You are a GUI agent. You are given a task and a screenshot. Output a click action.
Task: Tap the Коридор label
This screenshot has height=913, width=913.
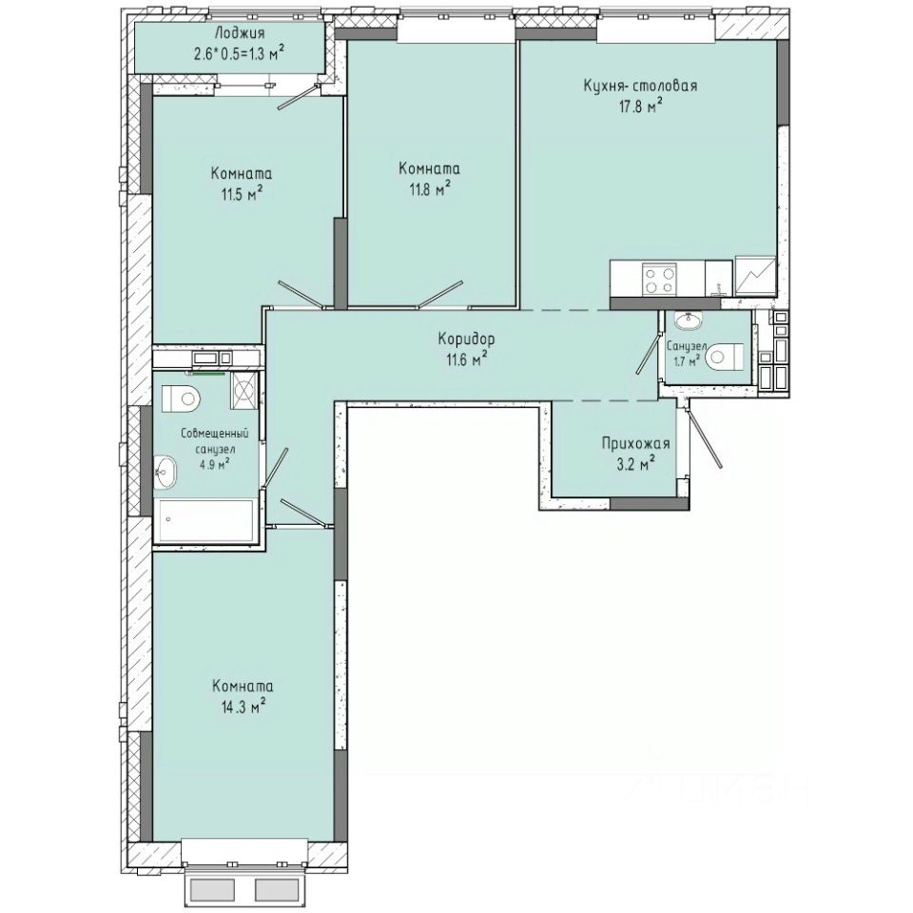coord(466,339)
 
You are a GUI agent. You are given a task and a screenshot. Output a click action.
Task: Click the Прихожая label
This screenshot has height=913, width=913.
coord(636,443)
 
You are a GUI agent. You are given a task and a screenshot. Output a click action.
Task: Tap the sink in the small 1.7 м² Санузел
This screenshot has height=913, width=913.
coord(686,320)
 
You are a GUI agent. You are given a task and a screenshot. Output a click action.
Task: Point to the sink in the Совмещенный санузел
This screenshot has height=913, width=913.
coord(165,467)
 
